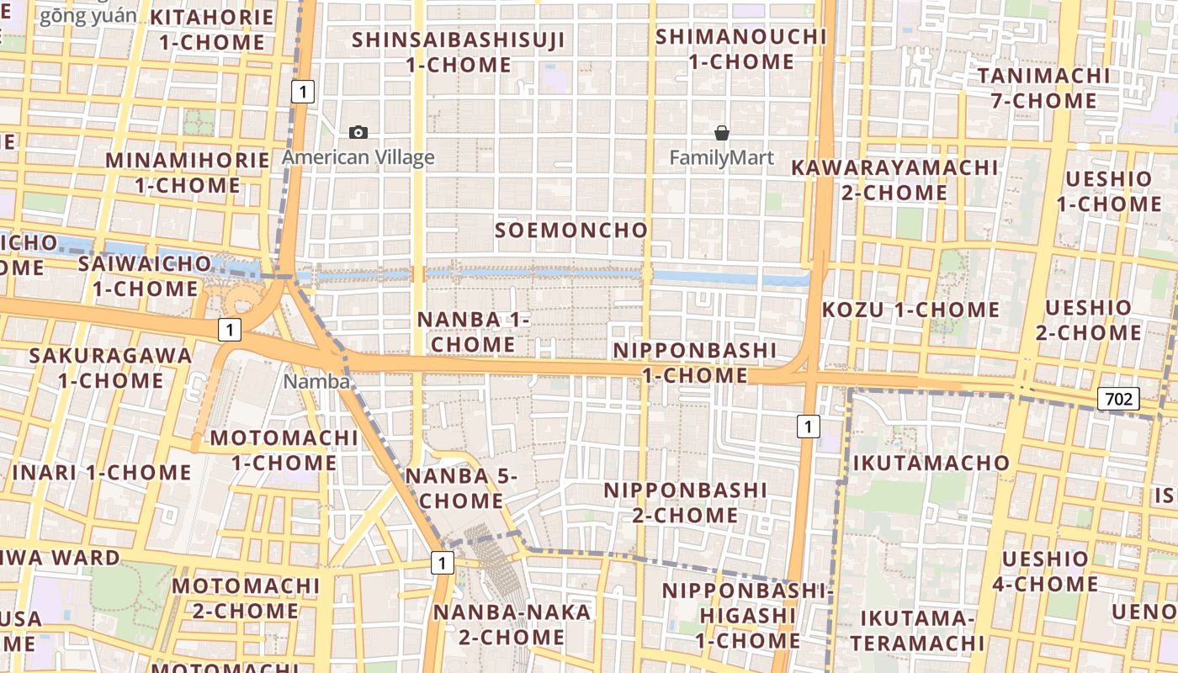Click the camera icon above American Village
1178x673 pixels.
coord(358,132)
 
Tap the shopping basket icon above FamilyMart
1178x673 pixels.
coord(721,132)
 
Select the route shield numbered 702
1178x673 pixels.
coord(1118,398)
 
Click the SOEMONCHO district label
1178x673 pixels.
coord(571,230)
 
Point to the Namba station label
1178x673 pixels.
coord(316,381)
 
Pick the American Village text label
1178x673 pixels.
coord(358,157)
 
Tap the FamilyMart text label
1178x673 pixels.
coord(721,157)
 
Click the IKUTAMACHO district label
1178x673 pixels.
coord(931,462)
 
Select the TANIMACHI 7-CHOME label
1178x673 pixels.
coord(1043,88)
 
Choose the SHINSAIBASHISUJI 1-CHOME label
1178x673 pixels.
coord(459,52)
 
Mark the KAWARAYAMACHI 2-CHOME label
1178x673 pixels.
coord(894,179)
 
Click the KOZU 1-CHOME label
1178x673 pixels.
coord(910,310)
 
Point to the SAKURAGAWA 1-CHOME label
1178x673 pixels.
coord(110,368)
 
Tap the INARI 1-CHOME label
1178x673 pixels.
coord(102,472)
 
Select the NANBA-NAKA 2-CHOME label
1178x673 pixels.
coord(512,624)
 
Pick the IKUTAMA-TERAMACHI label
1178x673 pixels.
coord(922,631)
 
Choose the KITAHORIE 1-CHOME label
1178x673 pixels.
coord(212,29)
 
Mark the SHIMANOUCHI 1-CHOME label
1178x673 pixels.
coord(741,49)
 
